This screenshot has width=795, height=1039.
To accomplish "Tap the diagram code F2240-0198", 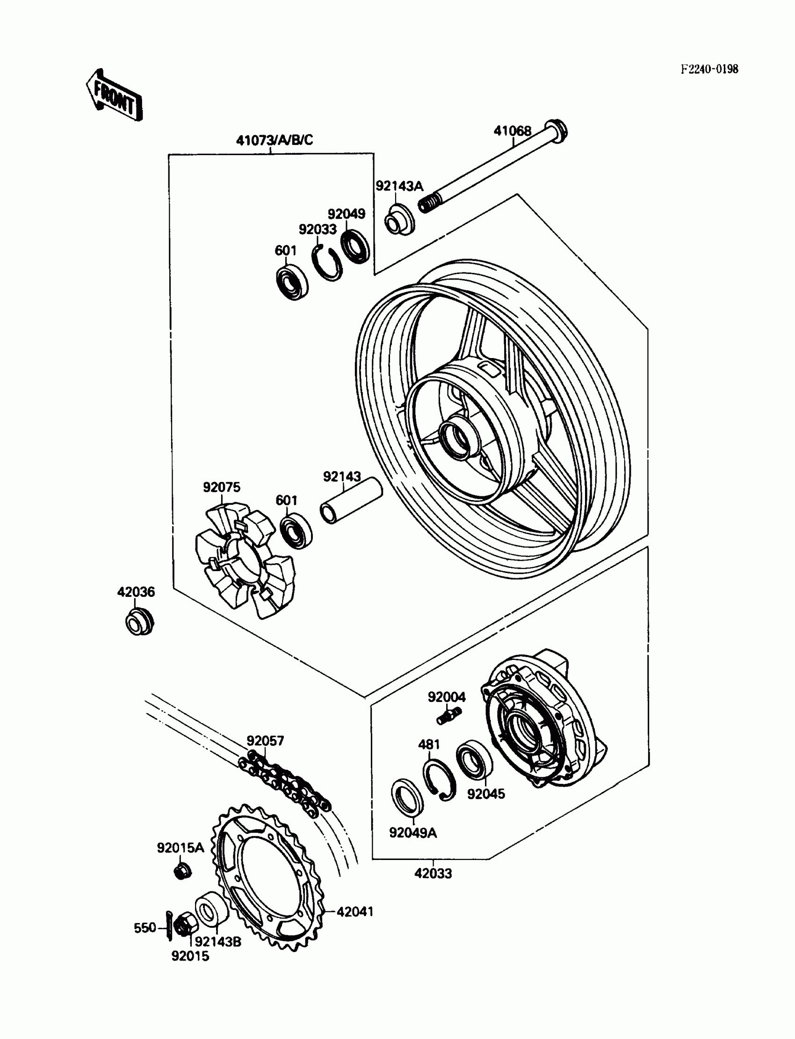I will (709, 70).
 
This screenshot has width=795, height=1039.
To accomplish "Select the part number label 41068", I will (513, 130).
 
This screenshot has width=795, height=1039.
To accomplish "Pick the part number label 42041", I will (355, 912).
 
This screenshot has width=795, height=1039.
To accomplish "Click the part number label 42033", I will (433, 874).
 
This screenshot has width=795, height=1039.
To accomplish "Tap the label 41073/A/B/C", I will (275, 140).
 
